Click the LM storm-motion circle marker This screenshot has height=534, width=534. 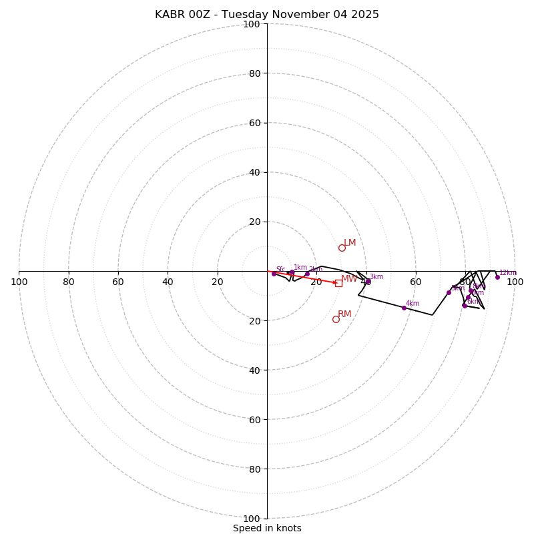(342, 248)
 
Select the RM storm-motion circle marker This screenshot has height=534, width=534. (336, 319)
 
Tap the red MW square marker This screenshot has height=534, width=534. (338, 283)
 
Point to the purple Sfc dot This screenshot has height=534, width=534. (274, 274)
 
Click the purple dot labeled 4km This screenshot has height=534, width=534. (404, 308)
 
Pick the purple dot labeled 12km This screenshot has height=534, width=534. (497, 277)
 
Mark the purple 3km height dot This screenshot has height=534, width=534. (368, 281)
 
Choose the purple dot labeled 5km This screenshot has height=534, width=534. (449, 292)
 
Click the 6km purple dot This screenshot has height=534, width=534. (465, 306)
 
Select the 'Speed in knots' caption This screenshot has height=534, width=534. (267, 528)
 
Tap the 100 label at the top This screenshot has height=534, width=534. (252, 24)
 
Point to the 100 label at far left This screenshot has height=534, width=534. (19, 282)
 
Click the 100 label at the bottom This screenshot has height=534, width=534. (252, 518)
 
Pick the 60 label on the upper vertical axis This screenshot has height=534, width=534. (254, 123)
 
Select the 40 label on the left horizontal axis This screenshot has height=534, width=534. (168, 282)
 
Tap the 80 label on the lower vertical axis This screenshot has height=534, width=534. (254, 469)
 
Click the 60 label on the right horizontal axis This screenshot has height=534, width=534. (416, 282)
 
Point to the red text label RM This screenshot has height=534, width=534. (344, 314)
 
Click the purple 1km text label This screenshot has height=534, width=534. (300, 267)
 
